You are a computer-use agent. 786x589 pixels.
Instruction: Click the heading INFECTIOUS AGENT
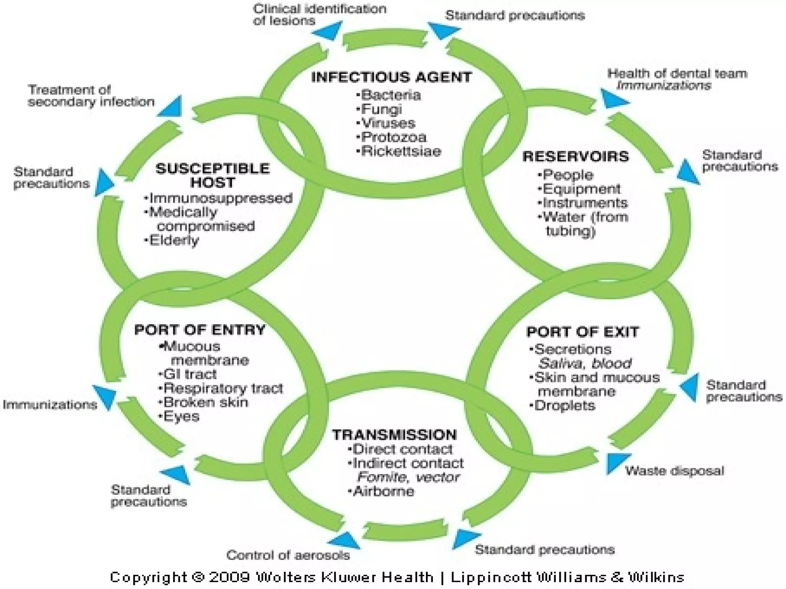391,77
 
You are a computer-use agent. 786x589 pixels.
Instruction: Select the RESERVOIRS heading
576,156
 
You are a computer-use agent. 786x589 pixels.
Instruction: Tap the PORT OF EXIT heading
582,332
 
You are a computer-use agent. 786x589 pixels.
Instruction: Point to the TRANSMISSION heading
394,435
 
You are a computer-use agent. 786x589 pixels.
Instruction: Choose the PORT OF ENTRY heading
200,330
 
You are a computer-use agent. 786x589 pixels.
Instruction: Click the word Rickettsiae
401,151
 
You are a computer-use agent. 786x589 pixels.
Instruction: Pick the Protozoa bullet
393,137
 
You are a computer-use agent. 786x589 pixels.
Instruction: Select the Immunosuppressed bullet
220,198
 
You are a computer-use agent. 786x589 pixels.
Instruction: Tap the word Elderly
174,240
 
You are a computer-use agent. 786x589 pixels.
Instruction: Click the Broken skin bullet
205,402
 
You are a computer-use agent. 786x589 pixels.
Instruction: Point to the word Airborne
383,491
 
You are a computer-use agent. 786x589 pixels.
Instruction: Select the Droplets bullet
564,405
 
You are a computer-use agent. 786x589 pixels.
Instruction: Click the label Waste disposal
674,471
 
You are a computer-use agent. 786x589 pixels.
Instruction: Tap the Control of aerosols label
288,555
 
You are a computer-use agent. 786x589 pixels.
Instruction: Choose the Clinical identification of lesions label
319,15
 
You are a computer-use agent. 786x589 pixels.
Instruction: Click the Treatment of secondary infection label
91,95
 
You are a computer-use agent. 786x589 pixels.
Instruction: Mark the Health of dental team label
677,73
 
